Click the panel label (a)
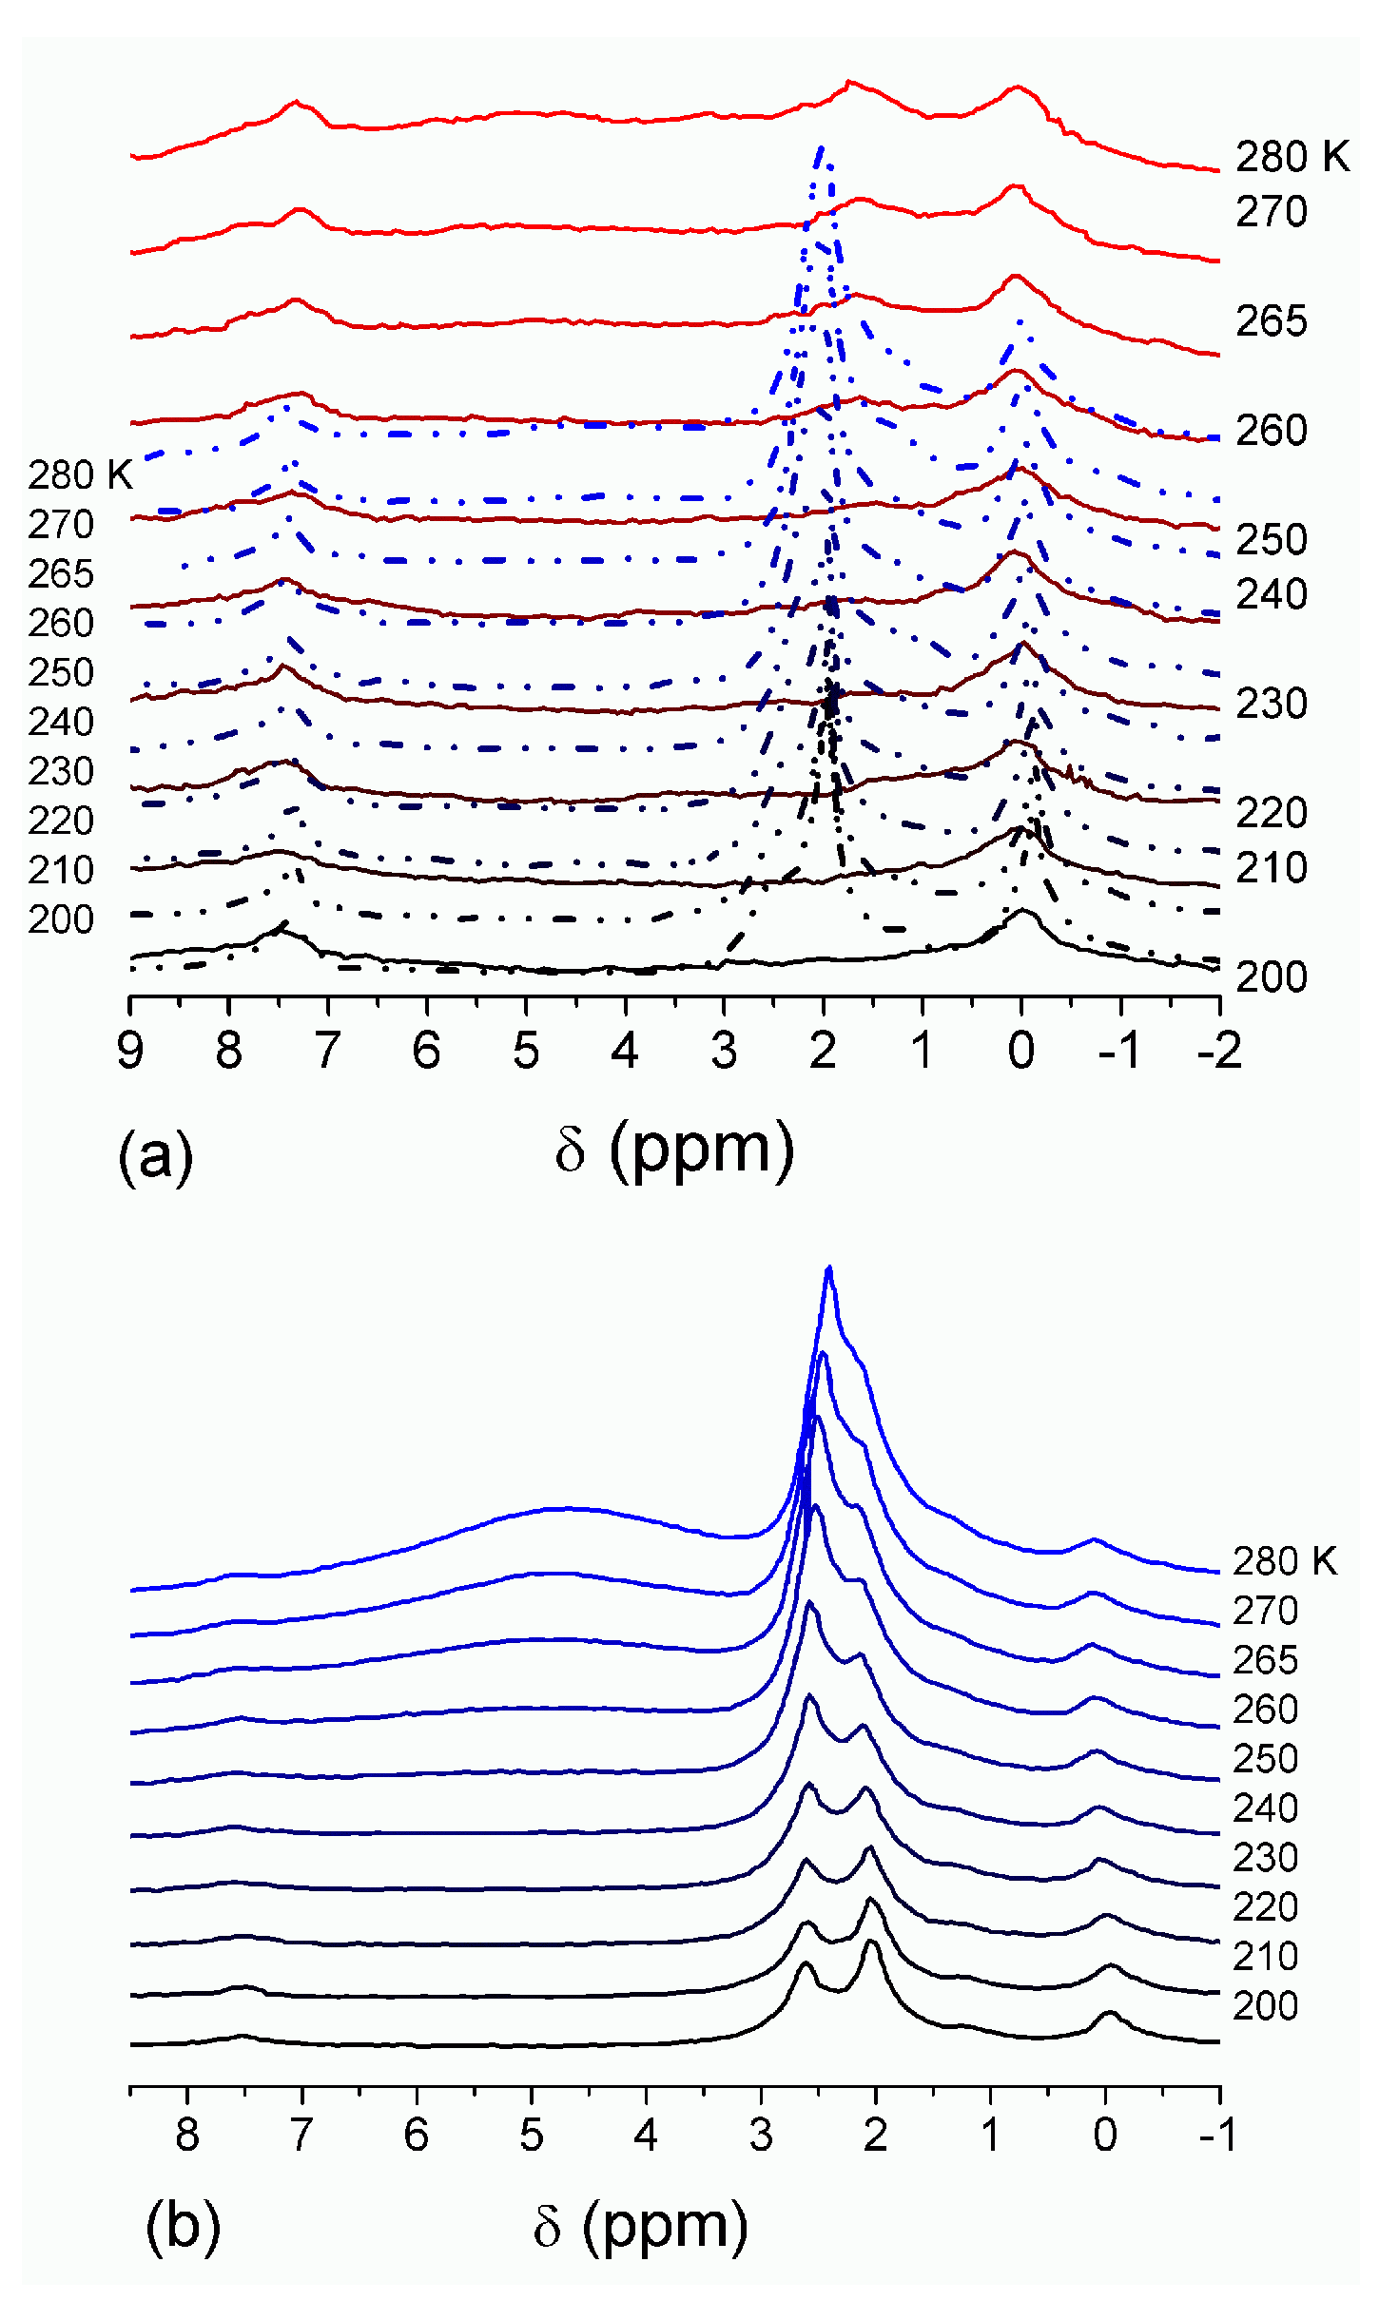pyautogui.click(x=155, y=1156)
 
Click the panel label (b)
pyautogui.click(x=182, y=2225)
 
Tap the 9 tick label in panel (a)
pyautogui.click(x=130, y=1050)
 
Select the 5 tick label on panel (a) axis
pyautogui.click(x=526, y=1050)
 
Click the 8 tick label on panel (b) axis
pyautogui.click(x=187, y=2134)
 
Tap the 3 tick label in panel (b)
pyautogui.click(x=761, y=2134)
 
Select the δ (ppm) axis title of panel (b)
pyautogui.click(x=640, y=2225)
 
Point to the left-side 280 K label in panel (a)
pyautogui.click(x=80, y=474)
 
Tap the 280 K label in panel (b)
pyautogui.click(x=1284, y=1560)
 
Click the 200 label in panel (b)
pyautogui.click(x=1265, y=2005)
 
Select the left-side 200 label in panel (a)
pyautogui.click(x=61, y=919)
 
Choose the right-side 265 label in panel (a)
pyautogui.click(x=1271, y=321)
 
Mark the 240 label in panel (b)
pyautogui.click(x=1265, y=1808)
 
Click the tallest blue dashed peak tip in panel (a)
pyautogui.click(x=821, y=147)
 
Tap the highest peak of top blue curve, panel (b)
pyautogui.click(x=829, y=1267)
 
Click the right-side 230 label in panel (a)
pyautogui.click(x=1271, y=704)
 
